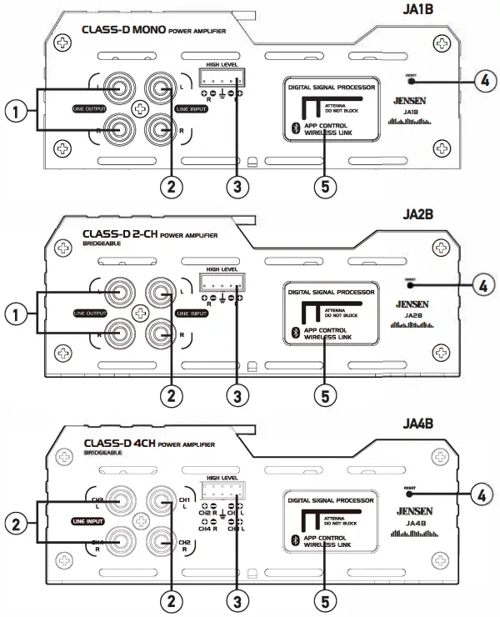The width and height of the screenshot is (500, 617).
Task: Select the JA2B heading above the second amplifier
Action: coord(461,213)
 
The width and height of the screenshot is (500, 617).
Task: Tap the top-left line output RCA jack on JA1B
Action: coord(116,86)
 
